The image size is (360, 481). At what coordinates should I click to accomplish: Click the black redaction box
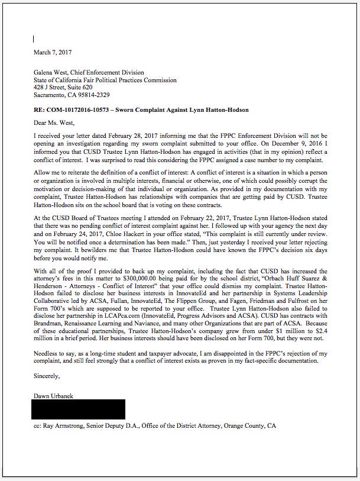pyautogui.click(x=79, y=409)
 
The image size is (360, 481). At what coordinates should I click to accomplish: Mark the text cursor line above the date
pyautogui.click(x=34, y=39)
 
